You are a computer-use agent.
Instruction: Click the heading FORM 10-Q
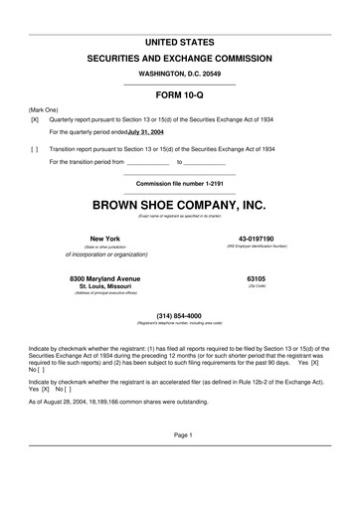[180, 95]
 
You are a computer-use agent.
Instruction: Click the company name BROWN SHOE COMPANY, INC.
[180, 205]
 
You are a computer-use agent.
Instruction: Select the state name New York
[97, 239]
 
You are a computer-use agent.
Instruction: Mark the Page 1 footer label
[180, 463]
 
